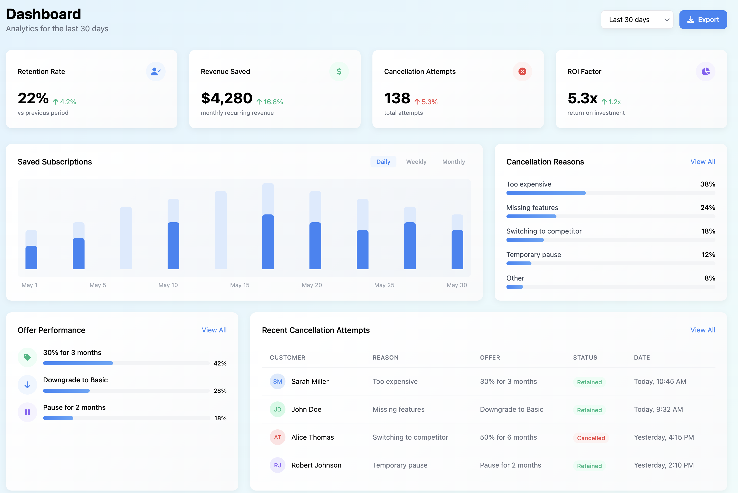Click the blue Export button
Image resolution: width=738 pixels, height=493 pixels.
click(x=703, y=20)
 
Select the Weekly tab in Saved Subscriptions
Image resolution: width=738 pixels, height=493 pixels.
click(x=416, y=162)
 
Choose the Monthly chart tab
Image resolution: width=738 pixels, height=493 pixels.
click(x=453, y=162)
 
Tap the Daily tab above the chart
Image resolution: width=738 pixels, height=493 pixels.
click(x=383, y=162)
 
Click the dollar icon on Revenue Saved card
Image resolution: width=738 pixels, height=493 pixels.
click(x=339, y=71)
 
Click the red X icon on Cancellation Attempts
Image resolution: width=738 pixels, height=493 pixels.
click(x=522, y=71)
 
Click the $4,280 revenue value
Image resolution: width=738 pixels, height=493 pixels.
click(x=227, y=98)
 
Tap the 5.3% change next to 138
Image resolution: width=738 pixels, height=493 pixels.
click(x=426, y=102)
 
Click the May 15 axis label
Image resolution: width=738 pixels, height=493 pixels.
click(x=239, y=285)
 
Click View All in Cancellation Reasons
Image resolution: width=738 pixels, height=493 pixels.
click(x=702, y=162)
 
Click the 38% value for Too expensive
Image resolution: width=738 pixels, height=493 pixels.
click(x=707, y=184)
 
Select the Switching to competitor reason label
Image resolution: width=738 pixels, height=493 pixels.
click(x=544, y=231)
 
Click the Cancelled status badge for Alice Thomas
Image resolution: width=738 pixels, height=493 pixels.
click(x=591, y=438)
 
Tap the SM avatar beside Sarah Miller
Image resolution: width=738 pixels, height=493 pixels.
click(x=277, y=381)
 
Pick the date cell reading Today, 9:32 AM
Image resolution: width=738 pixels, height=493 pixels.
click(x=658, y=409)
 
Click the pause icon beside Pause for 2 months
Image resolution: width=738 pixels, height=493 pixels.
click(x=27, y=412)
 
